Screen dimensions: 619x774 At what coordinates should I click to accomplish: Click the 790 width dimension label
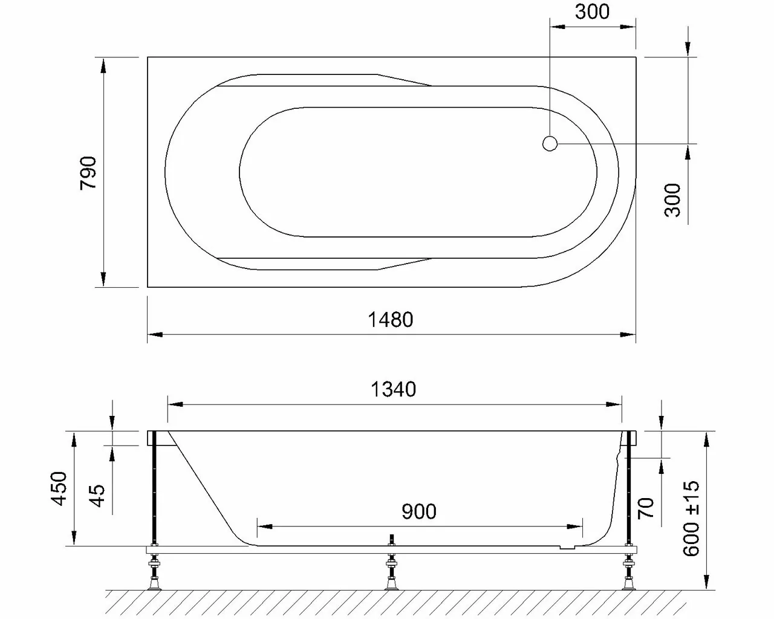(x=88, y=172)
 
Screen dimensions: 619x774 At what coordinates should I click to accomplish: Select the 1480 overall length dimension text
(x=391, y=319)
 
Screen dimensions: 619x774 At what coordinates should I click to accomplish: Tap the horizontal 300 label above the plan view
(x=592, y=11)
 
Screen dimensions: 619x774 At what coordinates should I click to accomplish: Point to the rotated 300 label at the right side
(x=672, y=200)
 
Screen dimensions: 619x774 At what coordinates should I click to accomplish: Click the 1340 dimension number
(x=393, y=389)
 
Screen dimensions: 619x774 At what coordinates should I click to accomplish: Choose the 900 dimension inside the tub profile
(x=419, y=512)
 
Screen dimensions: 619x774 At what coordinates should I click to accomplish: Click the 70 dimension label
(x=646, y=508)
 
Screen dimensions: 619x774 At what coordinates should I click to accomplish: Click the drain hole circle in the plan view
(x=550, y=144)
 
